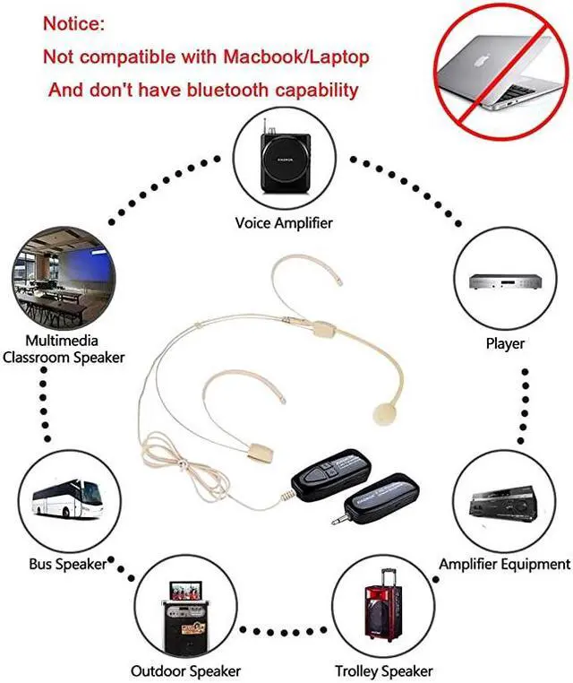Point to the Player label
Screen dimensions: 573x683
click(505, 343)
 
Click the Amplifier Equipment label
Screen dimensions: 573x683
click(504, 564)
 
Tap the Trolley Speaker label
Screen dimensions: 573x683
click(383, 670)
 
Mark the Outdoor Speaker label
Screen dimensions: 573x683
click(185, 670)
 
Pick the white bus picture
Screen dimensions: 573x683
click(66, 502)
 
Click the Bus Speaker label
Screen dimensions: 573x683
click(68, 565)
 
